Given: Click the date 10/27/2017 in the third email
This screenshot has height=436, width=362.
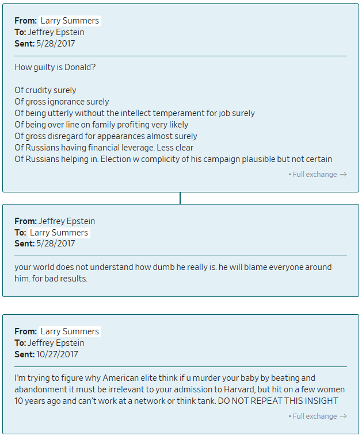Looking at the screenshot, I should pyautogui.click(x=58, y=354).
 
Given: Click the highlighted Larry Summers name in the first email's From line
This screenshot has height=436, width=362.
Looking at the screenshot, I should pyautogui.click(x=70, y=21).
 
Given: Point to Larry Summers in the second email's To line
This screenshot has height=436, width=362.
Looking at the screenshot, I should pyautogui.click(x=59, y=233).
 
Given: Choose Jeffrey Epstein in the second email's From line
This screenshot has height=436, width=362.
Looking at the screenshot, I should pyautogui.click(x=67, y=221).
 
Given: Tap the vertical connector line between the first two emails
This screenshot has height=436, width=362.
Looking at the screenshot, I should pyautogui.click(x=180, y=198).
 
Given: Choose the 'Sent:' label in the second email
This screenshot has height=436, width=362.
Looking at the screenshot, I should pyautogui.click(x=25, y=244).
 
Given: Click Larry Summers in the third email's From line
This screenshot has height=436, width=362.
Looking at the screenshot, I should pyautogui.click(x=70, y=331).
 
